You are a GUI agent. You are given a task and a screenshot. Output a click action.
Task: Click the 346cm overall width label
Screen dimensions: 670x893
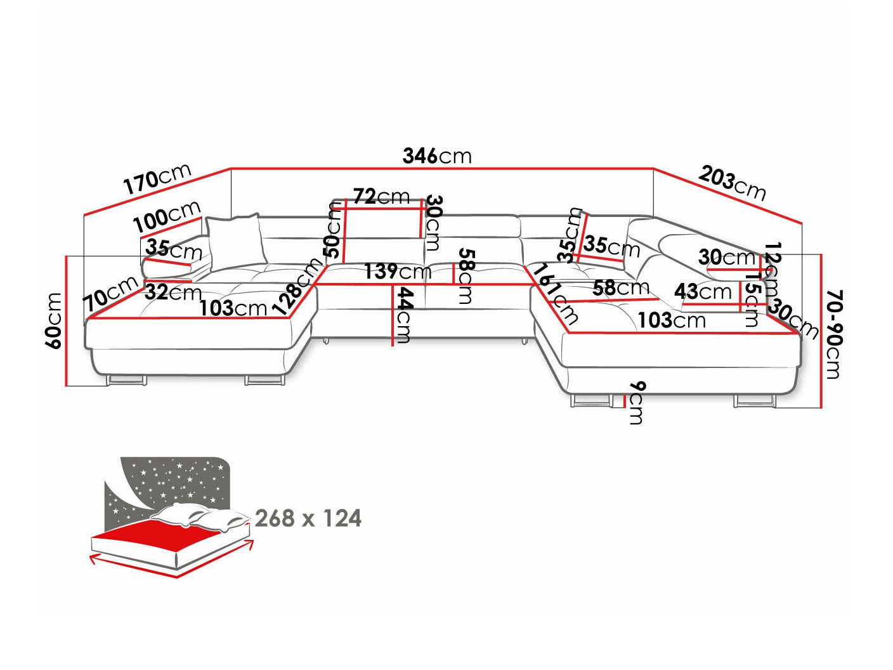(437, 155)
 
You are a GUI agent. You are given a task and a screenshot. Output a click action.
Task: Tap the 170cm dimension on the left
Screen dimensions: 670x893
(157, 180)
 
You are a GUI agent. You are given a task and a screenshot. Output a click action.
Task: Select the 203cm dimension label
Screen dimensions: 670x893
(733, 182)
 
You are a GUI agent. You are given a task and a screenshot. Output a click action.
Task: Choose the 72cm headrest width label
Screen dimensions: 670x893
(381, 197)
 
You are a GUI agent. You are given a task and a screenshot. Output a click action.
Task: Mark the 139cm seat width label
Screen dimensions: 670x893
(398, 272)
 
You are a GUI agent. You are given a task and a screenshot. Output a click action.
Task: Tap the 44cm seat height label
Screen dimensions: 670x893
(402, 315)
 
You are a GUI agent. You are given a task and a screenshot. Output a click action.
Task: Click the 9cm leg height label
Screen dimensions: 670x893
(636, 403)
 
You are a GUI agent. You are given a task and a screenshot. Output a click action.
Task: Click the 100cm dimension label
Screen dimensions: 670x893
(167, 216)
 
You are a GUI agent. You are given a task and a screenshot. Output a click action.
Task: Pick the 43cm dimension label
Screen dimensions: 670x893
(703, 292)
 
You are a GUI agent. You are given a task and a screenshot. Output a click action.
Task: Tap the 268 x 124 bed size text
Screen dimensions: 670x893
(308, 518)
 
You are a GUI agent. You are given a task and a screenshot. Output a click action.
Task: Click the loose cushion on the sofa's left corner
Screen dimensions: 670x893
(234, 241)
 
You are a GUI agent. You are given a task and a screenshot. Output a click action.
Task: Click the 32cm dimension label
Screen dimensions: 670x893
(173, 292)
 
